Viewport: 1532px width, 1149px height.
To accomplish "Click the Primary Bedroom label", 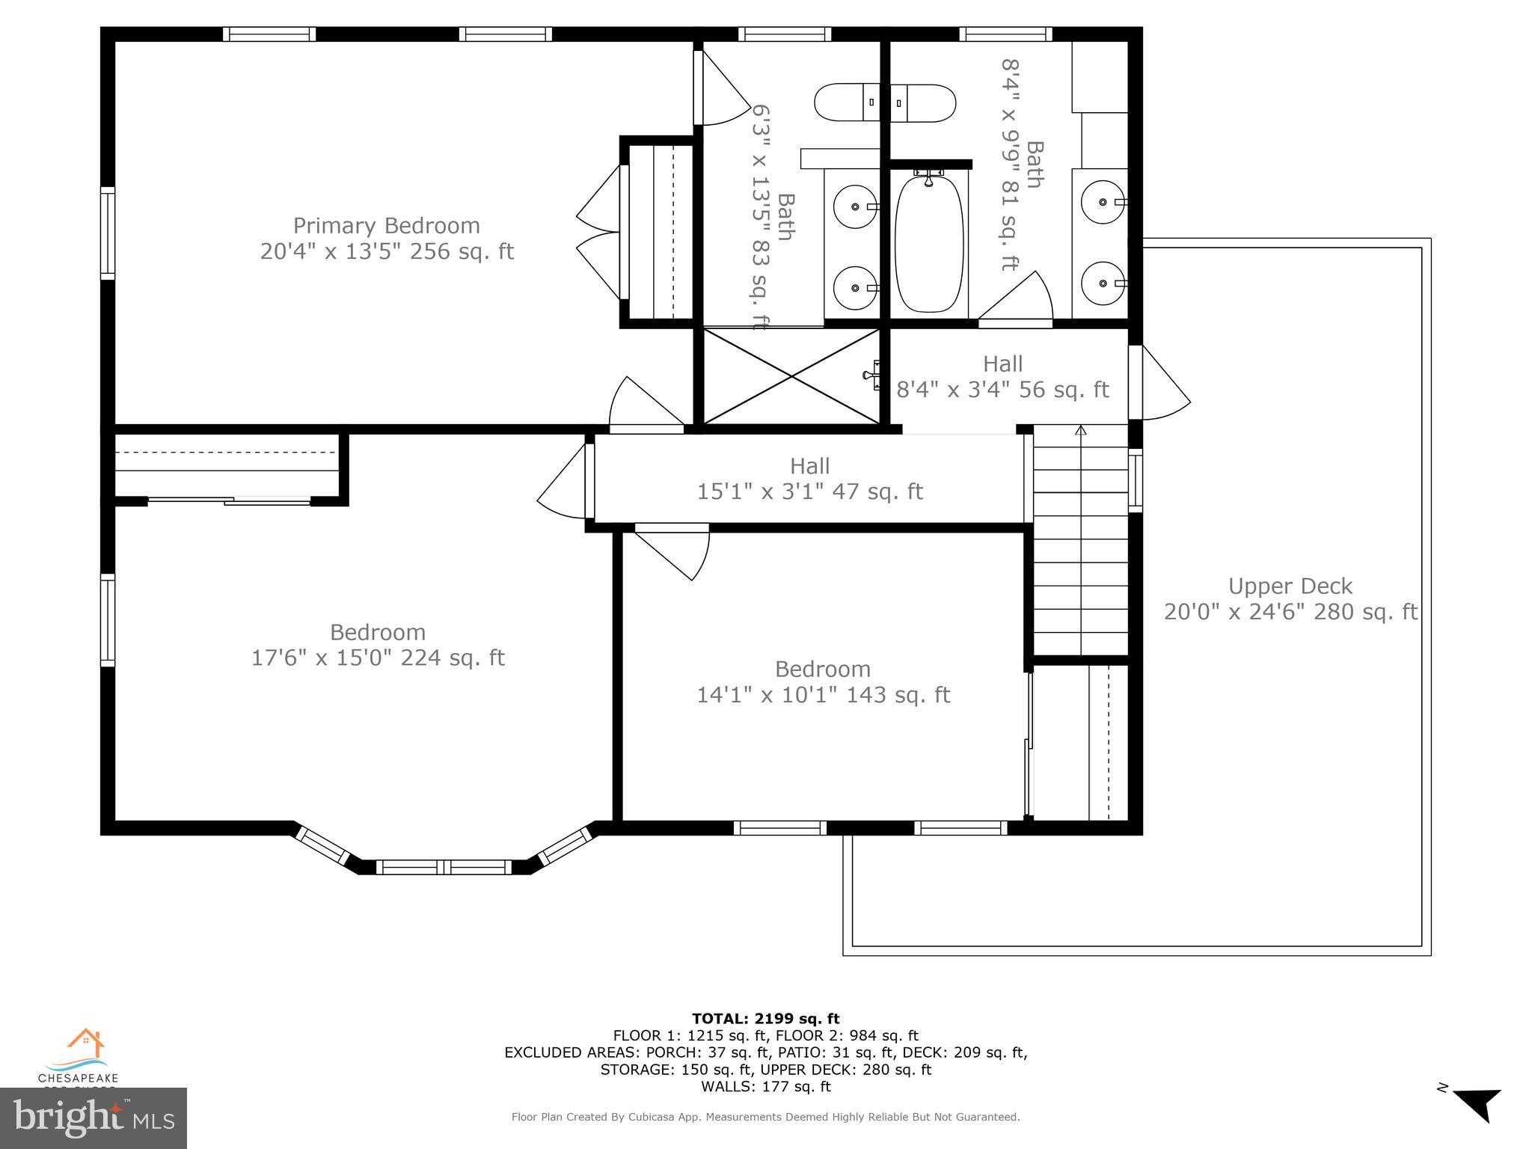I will pyautogui.click(x=386, y=225).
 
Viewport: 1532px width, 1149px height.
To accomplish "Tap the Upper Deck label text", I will pyautogui.click(x=1290, y=586).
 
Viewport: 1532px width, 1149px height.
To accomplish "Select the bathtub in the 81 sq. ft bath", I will pyautogui.click(x=929, y=243).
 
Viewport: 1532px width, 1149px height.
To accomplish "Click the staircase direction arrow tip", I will pyautogui.click(x=1080, y=429).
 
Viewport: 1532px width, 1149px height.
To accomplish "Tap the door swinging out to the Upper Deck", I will pyautogui.click(x=1159, y=384).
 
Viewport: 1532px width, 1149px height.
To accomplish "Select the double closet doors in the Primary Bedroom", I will pyautogui.click(x=598, y=232).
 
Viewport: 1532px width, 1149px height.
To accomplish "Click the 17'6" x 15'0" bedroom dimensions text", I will pyautogui.click(x=378, y=658).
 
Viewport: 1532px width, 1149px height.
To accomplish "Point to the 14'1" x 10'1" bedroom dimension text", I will pyautogui.click(x=823, y=695).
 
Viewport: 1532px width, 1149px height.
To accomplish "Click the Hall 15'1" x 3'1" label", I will pyautogui.click(x=809, y=479).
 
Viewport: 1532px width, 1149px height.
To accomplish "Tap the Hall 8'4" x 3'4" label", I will pyautogui.click(x=1002, y=376).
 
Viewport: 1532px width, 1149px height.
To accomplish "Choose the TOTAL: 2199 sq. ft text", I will pyautogui.click(x=765, y=1018).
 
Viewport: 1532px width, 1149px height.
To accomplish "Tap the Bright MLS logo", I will pyautogui.click(x=94, y=1118).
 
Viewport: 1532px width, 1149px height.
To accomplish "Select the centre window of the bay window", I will pyautogui.click(x=444, y=867).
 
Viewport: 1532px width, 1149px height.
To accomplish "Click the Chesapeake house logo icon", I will pyautogui.click(x=85, y=1043).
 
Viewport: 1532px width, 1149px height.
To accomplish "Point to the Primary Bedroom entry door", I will pyautogui.click(x=646, y=405).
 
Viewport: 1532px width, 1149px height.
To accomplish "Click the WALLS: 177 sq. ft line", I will pyautogui.click(x=765, y=1086).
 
